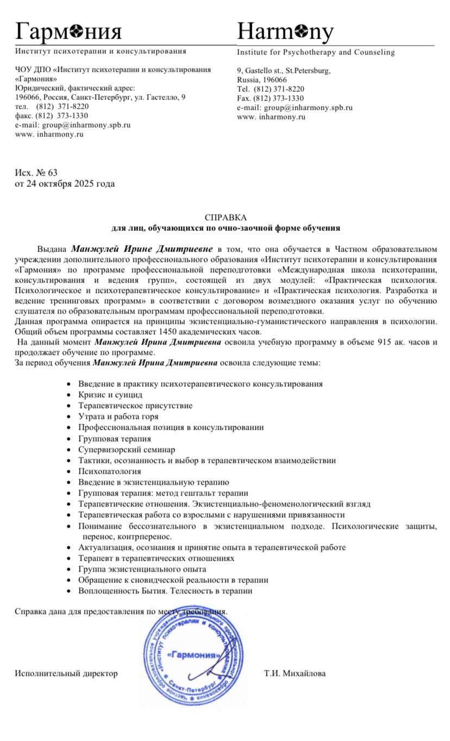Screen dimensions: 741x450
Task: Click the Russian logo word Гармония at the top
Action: click(x=68, y=33)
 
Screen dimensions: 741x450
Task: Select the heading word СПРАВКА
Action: click(x=225, y=218)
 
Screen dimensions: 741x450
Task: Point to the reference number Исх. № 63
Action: click(x=36, y=173)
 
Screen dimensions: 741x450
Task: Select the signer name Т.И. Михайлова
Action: click(x=295, y=674)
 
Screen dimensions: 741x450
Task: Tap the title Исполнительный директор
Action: click(x=66, y=674)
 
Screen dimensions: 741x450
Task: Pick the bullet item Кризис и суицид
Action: click(x=110, y=394)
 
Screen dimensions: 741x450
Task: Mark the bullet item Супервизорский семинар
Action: click(x=127, y=449)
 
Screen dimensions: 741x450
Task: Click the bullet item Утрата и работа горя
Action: click(x=118, y=417)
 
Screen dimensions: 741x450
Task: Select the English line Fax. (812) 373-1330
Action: click(x=270, y=98)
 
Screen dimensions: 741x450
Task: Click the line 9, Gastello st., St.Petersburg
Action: click(x=284, y=71)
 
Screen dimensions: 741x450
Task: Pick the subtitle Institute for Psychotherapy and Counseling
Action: click(x=316, y=53)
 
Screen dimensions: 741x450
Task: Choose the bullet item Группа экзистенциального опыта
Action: click(x=142, y=569)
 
